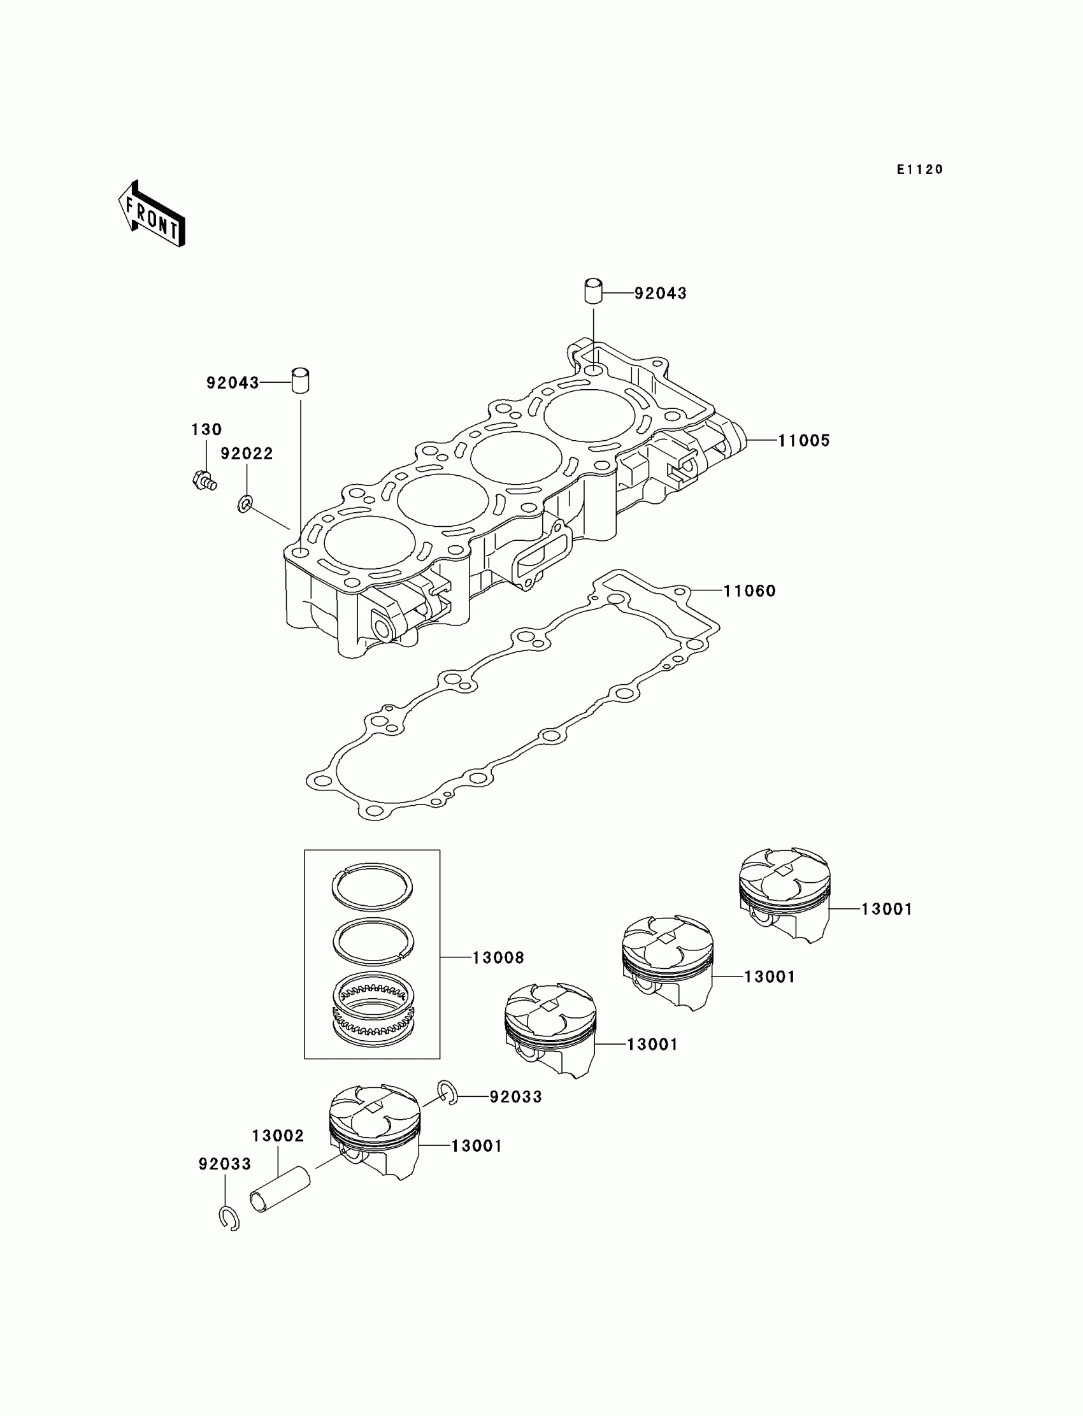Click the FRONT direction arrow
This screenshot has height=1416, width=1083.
pyautogui.click(x=152, y=215)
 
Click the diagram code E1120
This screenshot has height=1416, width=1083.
pyautogui.click(x=920, y=169)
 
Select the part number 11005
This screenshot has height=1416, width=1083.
pyautogui.click(x=803, y=441)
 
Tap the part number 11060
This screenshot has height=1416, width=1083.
pyautogui.click(x=749, y=591)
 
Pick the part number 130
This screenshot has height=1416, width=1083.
pyautogui.click(x=206, y=429)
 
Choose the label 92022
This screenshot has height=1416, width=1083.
pyautogui.click(x=247, y=454)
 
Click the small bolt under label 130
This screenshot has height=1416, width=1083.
pyautogui.click(x=204, y=480)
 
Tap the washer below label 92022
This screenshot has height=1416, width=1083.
pyautogui.click(x=245, y=503)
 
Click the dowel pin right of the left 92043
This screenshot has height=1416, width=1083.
pyautogui.click(x=301, y=380)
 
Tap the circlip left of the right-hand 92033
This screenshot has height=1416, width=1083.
pyautogui.click(x=449, y=1093)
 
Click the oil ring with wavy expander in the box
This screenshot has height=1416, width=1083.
pyautogui.click(x=373, y=1011)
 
